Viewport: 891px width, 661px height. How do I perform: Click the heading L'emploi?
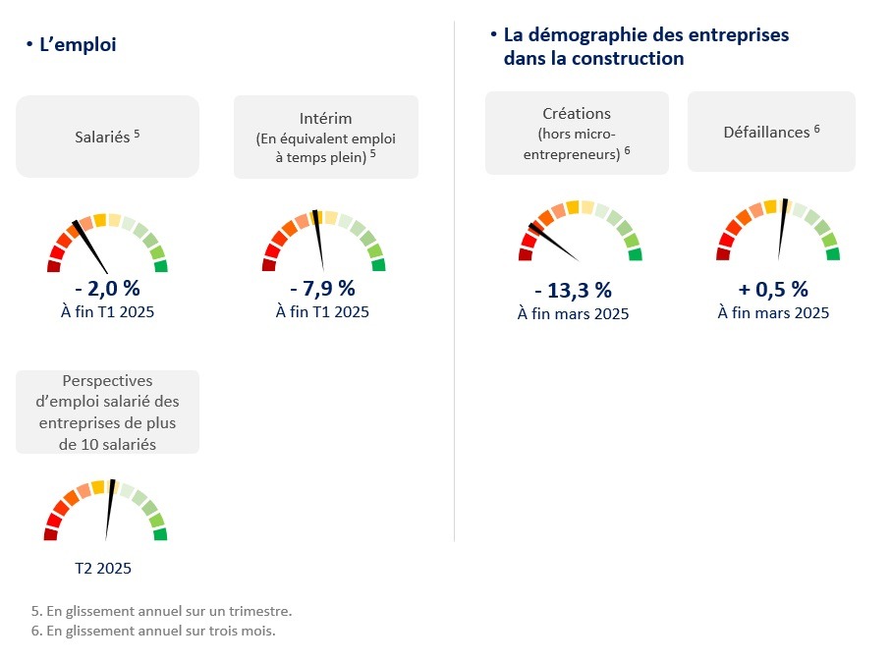click(x=77, y=44)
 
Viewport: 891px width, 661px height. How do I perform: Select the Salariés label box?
click(x=107, y=137)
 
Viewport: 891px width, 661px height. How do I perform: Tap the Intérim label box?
click(x=325, y=137)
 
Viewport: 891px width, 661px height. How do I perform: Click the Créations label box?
click(x=577, y=133)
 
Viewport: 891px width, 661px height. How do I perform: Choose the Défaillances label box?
click(x=771, y=132)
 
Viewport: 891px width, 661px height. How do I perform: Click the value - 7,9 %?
click(x=322, y=289)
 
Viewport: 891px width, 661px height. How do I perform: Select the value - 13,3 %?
click(x=573, y=291)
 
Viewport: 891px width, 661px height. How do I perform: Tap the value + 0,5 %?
click(x=773, y=289)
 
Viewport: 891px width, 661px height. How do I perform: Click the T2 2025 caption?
click(x=103, y=568)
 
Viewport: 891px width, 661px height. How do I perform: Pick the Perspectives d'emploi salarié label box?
click(x=107, y=412)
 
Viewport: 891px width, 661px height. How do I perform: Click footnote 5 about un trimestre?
click(x=161, y=611)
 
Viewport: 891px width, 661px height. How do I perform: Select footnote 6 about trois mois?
click(x=153, y=631)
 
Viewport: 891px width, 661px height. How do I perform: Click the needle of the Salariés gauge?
click(x=94, y=251)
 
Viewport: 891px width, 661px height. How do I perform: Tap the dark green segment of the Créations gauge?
click(x=636, y=255)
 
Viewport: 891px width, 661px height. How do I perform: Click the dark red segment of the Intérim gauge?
click(x=268, y=264)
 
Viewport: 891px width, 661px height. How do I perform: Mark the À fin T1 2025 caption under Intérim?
click(x=322, y=312)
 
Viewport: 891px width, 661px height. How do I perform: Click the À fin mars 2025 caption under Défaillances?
click(x=773, y=313)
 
